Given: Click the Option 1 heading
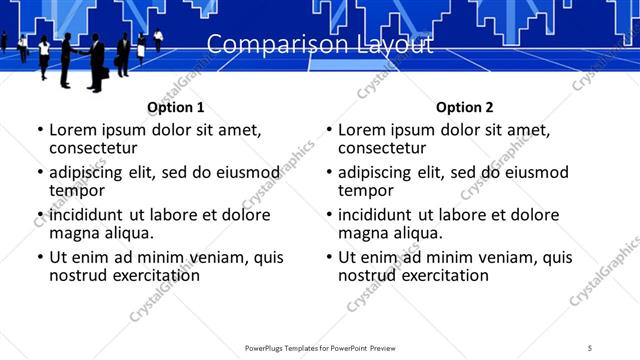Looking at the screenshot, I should (x=176, y=107).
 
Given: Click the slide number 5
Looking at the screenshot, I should (x=590, y=347).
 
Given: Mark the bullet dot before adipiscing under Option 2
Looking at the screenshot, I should (x=329, y=173).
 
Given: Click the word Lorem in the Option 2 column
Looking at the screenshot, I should (x=361, y=130).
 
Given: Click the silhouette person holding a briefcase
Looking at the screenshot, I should (x=98, y=62).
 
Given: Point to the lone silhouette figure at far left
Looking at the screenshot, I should (x=4, y=41).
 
